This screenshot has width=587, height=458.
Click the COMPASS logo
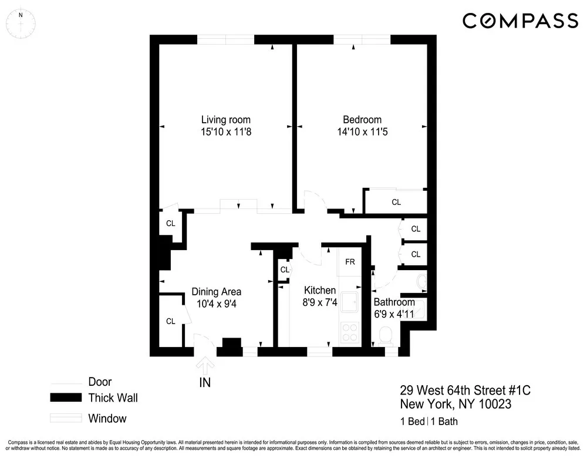(x=520, y=21)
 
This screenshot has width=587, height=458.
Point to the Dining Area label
(x=217, y=292)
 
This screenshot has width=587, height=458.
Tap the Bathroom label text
(x=394, y=302)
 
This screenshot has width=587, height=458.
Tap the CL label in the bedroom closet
(x=396, y=202)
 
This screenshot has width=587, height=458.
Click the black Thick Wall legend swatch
(x=65, y=398)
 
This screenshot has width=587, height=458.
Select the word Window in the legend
(x=107, y=419)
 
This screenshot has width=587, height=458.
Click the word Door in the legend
(x=100, y=382)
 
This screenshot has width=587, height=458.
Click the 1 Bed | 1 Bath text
(x=429, y=421)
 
